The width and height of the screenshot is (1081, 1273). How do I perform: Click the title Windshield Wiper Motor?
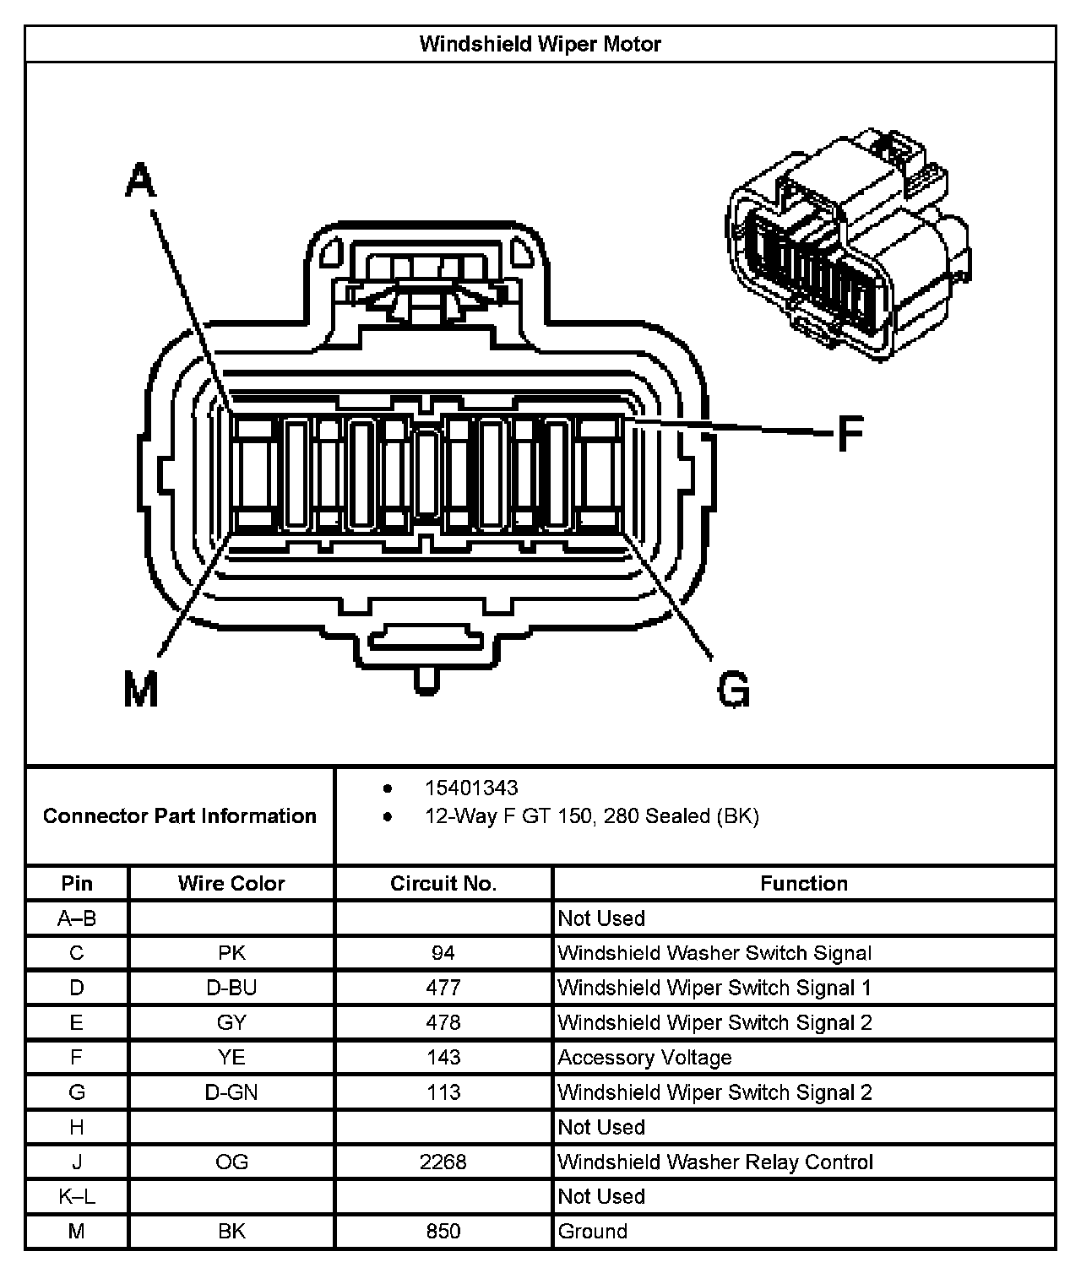point(540,44)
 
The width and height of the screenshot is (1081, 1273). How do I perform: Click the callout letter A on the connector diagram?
point(141,181)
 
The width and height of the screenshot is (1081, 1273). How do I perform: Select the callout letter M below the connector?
point(140,691)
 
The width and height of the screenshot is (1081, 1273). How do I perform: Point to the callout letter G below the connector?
point(732,689)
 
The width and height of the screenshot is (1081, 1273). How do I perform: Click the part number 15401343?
point(470,788)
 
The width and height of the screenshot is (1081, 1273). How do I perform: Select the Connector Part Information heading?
point(180,815)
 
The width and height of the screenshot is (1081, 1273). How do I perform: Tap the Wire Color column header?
point(231,883)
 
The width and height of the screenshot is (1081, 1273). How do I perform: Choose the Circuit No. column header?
point(443,883)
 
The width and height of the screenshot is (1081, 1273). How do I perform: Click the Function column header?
point(803,883)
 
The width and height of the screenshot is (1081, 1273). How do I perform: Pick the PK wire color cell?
point(231,953)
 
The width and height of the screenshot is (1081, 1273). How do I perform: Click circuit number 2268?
point(443,1162)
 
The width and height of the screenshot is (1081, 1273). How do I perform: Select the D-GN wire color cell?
point(231,1092)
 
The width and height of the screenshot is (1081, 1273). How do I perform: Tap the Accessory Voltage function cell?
point(644,1058)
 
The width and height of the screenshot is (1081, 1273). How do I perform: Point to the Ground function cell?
point(593,1231)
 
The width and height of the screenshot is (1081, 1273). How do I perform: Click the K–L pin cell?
point(77,1196)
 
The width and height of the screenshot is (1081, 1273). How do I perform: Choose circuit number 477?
point(443,988)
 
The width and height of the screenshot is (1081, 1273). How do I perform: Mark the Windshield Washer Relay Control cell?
point(714,1162)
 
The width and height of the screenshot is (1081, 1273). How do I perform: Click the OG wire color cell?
point(231,1162)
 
